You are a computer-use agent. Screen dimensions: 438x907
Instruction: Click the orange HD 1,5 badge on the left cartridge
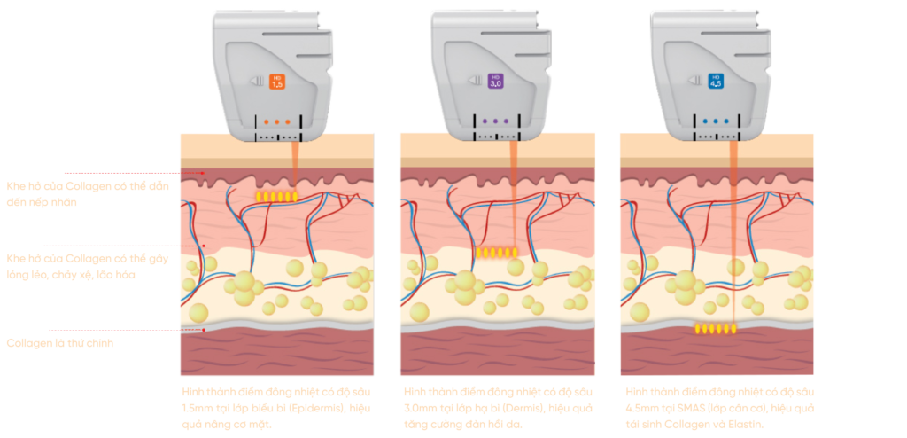coord(277,81)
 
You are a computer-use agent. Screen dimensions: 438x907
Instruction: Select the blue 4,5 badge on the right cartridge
coord(716,81)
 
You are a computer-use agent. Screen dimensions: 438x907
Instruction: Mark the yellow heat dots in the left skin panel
coord(276,195)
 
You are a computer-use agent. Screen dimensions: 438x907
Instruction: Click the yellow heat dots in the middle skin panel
coord(496,253)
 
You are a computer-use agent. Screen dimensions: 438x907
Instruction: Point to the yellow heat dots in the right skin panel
coord(715,329)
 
